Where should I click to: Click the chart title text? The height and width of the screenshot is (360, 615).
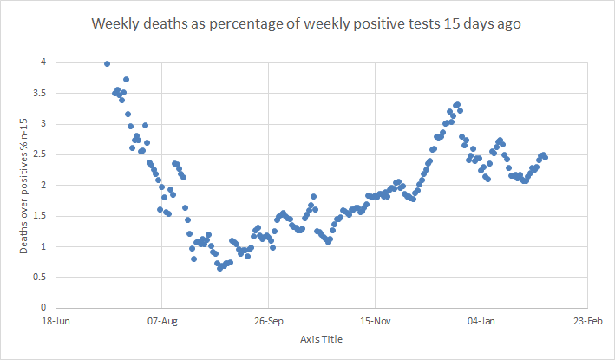tap(306, 24)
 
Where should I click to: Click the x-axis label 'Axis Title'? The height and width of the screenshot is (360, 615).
tap(321, 338)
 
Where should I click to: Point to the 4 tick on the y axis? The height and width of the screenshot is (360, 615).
tap(43, 62)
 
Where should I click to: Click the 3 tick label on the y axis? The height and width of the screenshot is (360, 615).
tap(43, 124)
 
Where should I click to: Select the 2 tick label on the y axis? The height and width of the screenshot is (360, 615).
tap(43, 185)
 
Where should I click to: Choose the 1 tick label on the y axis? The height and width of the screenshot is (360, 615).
tap(43, 246)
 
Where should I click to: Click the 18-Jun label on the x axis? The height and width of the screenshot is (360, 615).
tap(56, 320)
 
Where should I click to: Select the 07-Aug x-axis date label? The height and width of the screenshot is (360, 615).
tap(162, 320)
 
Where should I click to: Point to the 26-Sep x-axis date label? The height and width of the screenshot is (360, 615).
tap(269, 320)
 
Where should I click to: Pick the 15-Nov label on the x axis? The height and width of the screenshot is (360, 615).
tap(375, 320)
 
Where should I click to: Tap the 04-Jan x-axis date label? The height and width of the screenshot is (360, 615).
tap(481, 320)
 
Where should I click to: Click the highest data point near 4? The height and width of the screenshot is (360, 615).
tap(107, 63)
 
